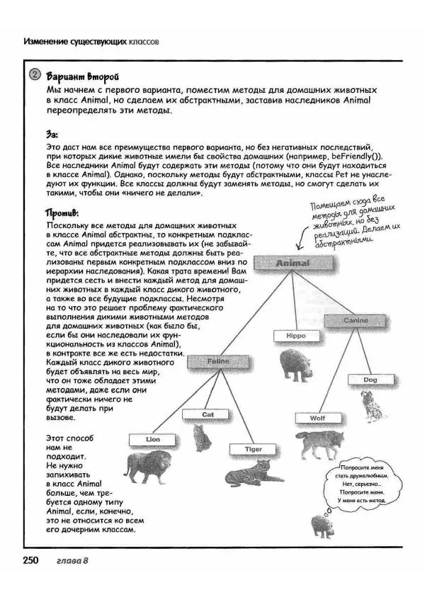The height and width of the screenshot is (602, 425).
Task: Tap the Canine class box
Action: pos(356,321)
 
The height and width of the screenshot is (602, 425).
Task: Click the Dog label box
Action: pos(370,380)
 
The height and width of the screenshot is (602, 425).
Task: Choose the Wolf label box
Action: pos(317,418)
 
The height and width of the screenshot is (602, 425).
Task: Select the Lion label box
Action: pos(153,439)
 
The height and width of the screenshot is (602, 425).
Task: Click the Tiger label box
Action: pos(254,449)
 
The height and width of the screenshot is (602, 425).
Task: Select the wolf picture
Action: pos(319,443)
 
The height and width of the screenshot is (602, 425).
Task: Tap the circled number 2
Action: pos(33,76)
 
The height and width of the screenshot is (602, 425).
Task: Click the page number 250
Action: pos(30,562)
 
